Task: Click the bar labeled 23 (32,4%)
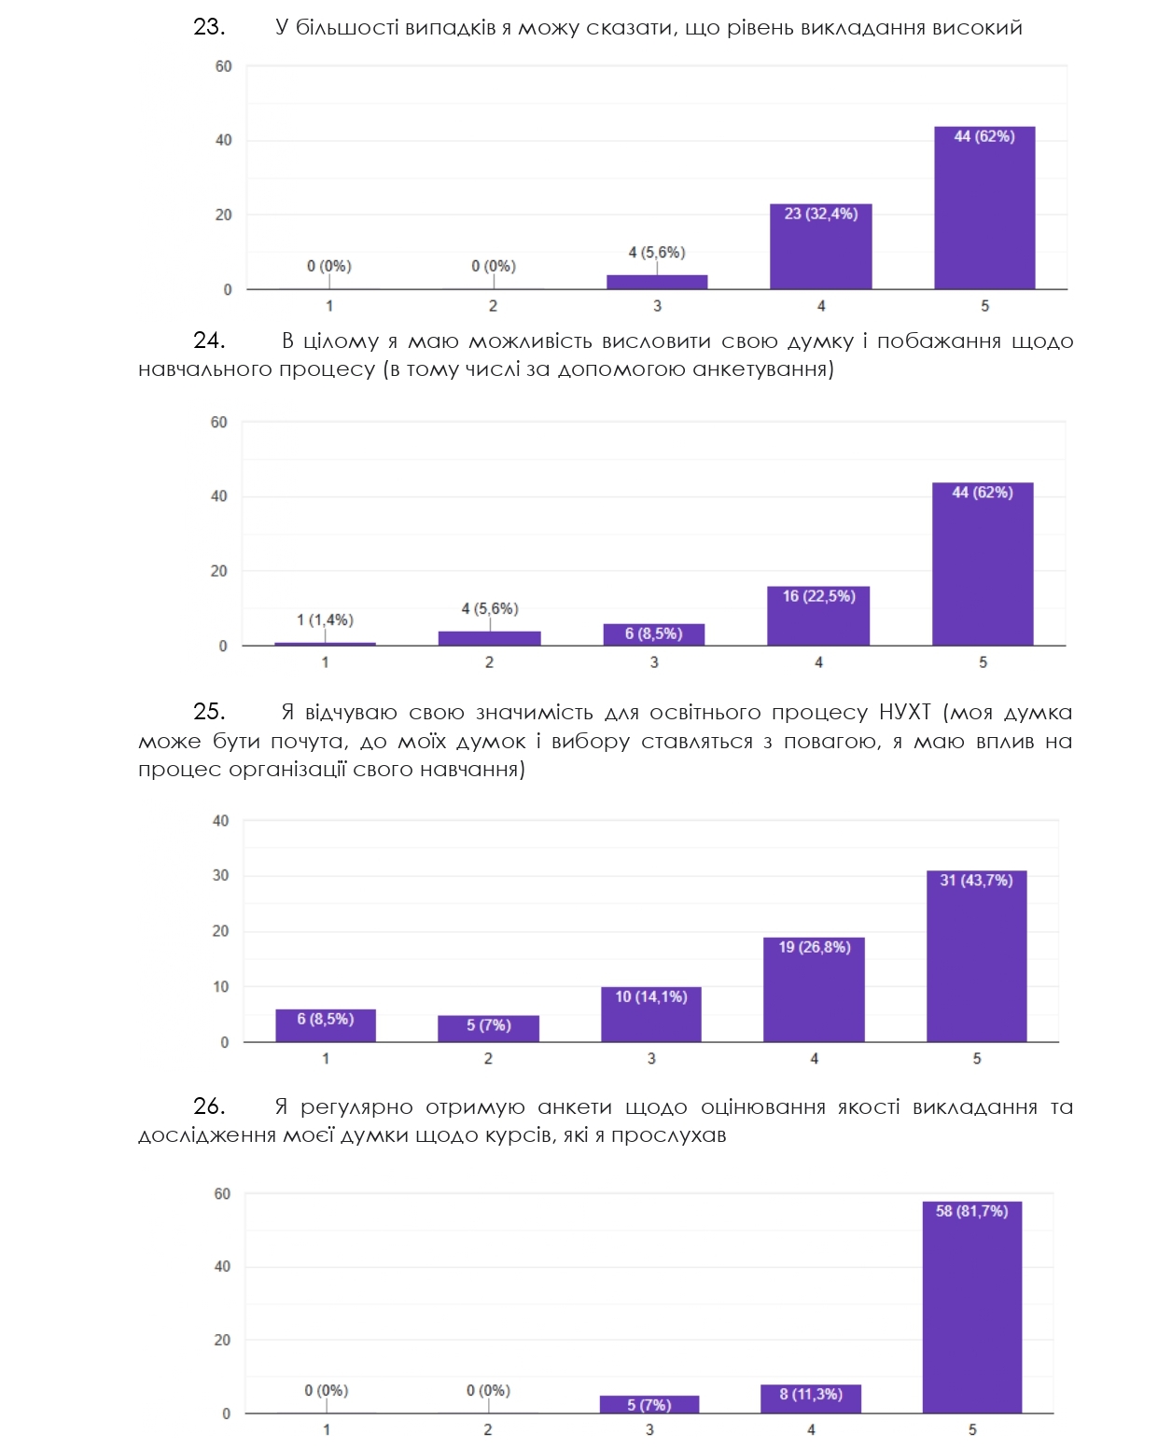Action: (820, 247)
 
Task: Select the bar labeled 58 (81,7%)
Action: (971, 1306)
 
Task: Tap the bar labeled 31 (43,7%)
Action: (976, 956)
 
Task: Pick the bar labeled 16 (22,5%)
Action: (817, 616)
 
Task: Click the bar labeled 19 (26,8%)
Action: (814, 989)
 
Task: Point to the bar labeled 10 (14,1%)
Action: (650, 1014)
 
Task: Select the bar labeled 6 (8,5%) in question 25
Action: (325, 1025)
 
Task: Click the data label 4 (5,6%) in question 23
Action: (656, 252)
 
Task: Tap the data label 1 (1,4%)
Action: (325, 619)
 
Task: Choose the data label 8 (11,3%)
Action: (810, 1394)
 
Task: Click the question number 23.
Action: (209, 27)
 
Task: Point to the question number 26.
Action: (209, 1106)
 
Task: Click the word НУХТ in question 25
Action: (904, 713)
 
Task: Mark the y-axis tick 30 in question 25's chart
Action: (220, 875)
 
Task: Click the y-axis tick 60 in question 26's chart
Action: (222, 1193)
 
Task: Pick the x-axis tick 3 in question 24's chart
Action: (654, 662)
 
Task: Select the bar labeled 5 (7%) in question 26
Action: (649, 1404)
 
